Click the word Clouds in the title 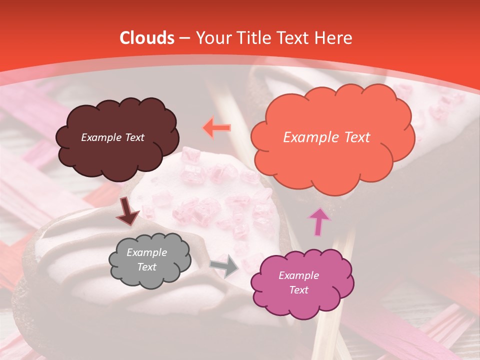pyautogui.click(x=147, y=38)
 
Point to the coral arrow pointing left pyautogui.click(x=217, y=127)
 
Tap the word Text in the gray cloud pyautogui.click(x=147, y=267)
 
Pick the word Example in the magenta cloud pyautogui.click(x=298, y=275)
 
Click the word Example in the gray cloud pyautogui.click(x=147, y=252)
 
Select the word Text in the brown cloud pyautogui.click(x=134, y=137)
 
